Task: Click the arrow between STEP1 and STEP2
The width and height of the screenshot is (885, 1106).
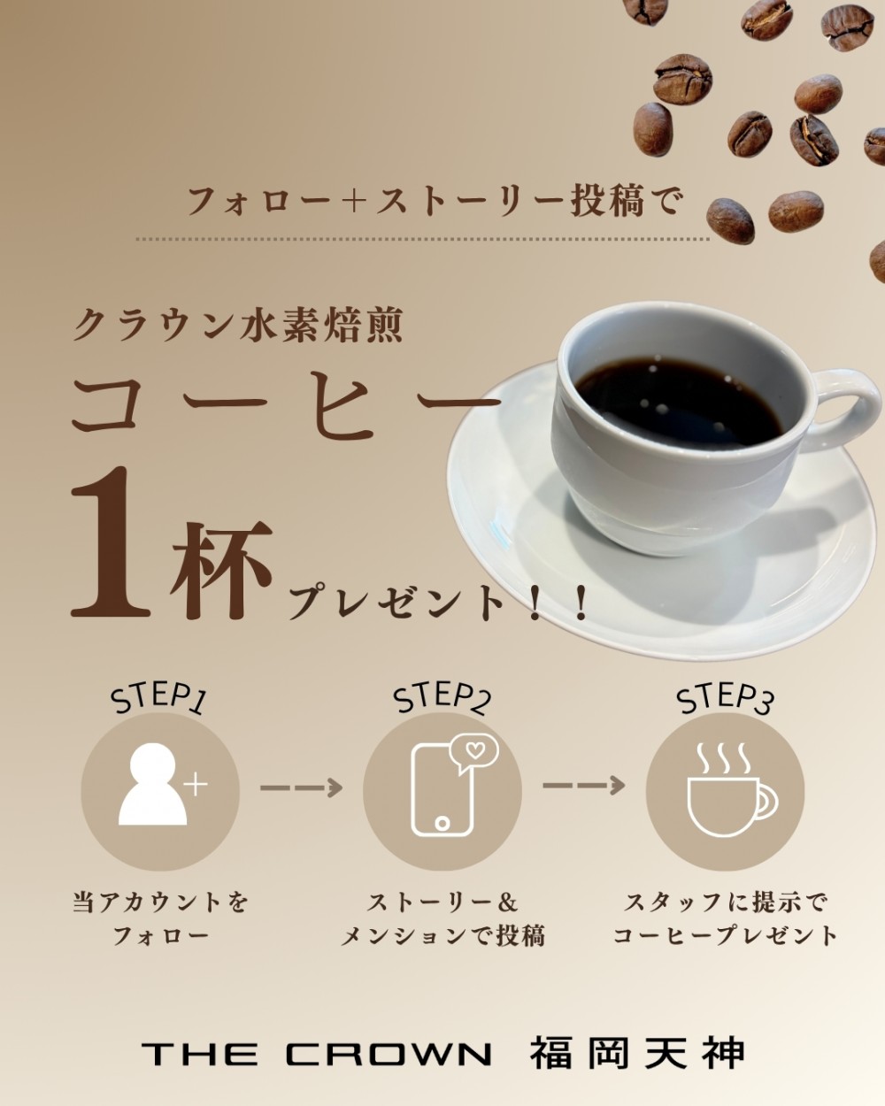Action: click(x=301, y=787)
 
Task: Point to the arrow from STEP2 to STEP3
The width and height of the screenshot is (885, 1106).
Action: click(x=584, y=786)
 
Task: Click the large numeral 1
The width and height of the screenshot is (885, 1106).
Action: click(x=110, y=542)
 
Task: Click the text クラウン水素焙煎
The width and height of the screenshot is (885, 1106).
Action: click(x=237, y=326)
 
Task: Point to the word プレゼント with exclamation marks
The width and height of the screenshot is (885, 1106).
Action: click(x=437, y=604)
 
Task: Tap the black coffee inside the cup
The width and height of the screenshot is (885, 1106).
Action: click(x=678, y=401)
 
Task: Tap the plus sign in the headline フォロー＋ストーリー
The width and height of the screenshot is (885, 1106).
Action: click(x=353, y=202)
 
